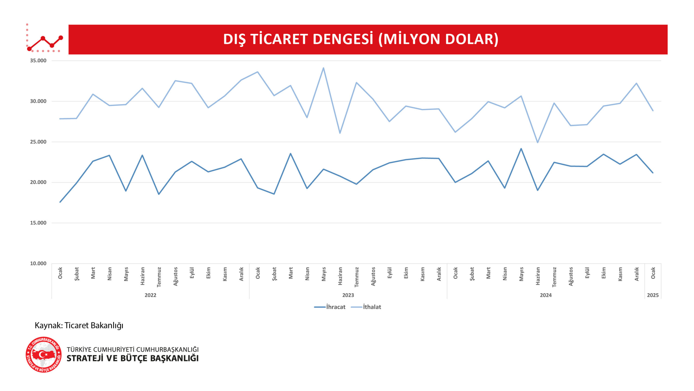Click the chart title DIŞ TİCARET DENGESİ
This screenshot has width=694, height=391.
pyautogui.click(x=361, y=39)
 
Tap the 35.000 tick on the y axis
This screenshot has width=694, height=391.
pyautogui.click(x=38, y=61)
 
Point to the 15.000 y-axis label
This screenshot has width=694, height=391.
pyautogui.click(x=38, y=223)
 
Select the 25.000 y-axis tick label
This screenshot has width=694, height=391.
pyautogui.click(x=38, y=142)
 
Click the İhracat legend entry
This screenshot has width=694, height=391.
pyautogui.click(x=330, y=307)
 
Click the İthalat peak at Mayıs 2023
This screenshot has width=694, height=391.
pyautogui.click(x=323, y=68)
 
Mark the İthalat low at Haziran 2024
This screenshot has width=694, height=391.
pyautogui.click(x=538, y=142)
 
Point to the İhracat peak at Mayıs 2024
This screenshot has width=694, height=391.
pyautogui.click(x=521, y=149)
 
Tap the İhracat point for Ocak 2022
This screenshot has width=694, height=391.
pyautogui.click(x=60, y=202)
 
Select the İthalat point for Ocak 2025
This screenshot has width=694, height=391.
pyautogui.click(x=653, y=110)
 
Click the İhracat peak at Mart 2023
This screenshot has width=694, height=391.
pyautogui.click(x=291, y=154)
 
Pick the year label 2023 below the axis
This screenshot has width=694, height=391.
pyautogui.click(x=348, y=295)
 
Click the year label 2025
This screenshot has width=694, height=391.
pyautogui.click(x=653, y=295)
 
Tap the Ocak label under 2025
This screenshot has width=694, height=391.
pyautogui.click(x=653, y=273)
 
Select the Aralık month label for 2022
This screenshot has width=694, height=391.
pyautogui.click(x=241, y=274)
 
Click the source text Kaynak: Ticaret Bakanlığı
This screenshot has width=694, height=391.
pyautogui.click(x=79, y=325)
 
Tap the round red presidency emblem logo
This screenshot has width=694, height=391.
pyautogui.click(x=44, y=355)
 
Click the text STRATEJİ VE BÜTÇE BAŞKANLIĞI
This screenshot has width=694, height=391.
pyautogui.click(x=133, y=358)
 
